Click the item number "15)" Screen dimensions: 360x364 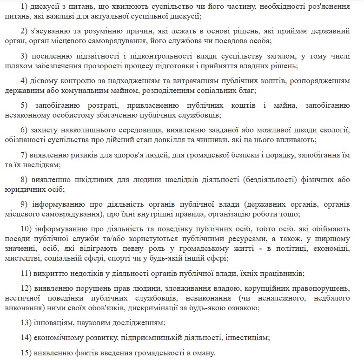(x=28, y=352)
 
